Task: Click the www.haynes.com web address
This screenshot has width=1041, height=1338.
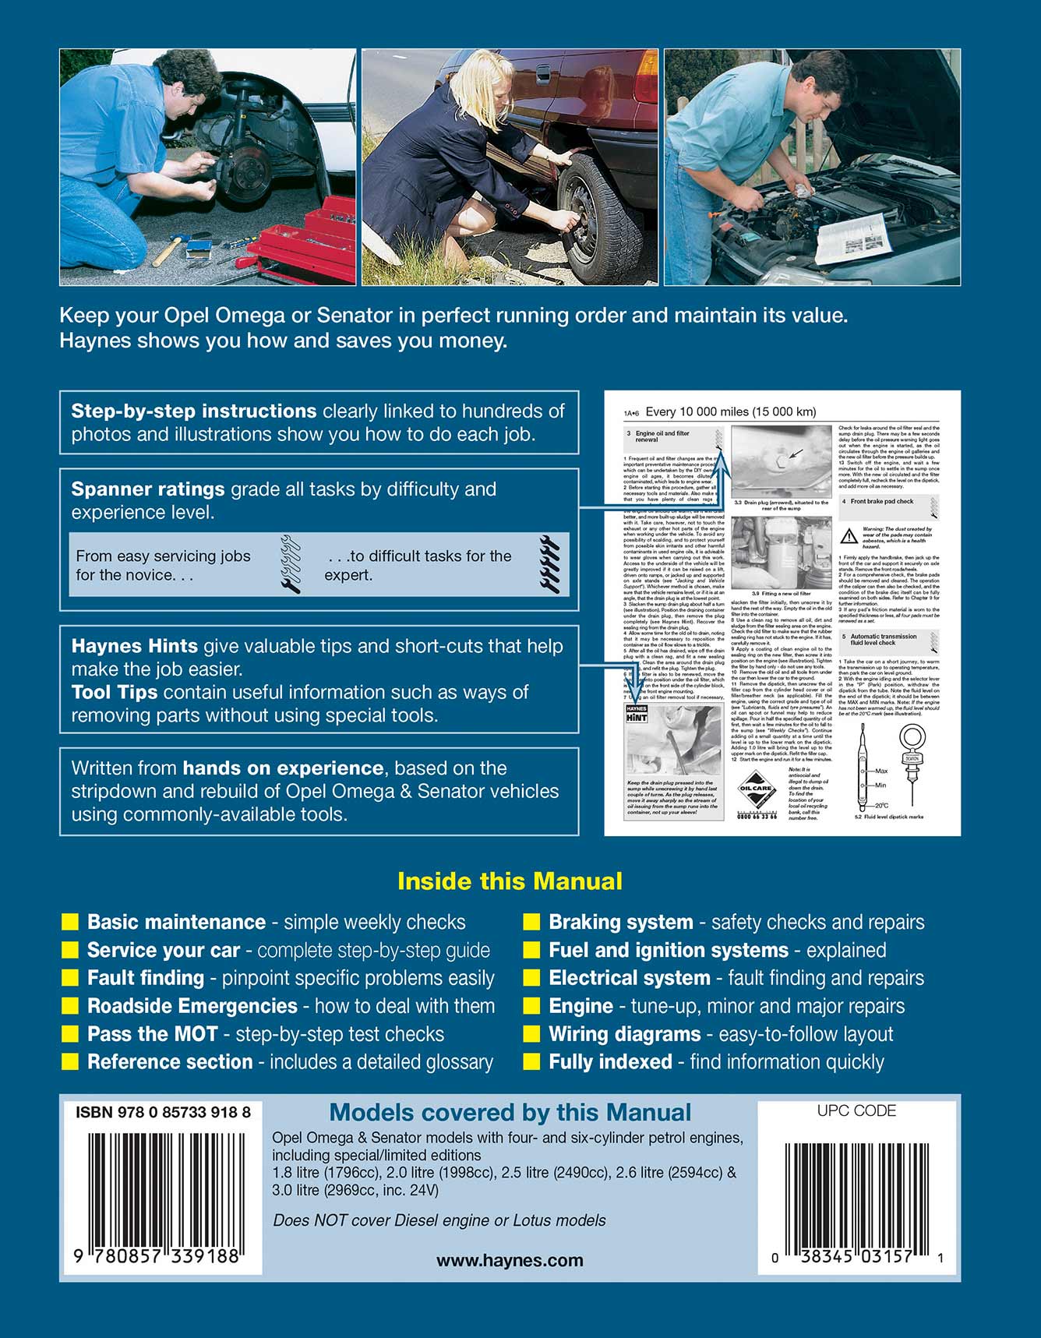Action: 510,1261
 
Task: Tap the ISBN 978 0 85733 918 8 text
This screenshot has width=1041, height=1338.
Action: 163,1113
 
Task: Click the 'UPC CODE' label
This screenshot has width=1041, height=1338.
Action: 856,1111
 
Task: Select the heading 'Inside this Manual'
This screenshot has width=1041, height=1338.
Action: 510,881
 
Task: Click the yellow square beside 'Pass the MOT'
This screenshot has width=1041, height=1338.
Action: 70,1034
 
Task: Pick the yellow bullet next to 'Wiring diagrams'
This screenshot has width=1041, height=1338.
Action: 532,1034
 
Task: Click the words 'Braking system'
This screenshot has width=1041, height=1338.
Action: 620,923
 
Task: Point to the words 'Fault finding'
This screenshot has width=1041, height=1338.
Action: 146,978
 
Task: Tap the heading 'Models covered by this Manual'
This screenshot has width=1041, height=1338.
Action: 510,1113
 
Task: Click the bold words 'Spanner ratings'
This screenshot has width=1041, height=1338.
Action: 148,489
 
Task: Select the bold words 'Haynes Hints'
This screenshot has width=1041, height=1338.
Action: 134,646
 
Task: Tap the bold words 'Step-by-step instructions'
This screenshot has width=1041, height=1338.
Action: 194,411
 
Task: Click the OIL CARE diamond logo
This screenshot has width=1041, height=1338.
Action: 755,789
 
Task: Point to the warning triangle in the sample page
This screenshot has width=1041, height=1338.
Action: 849,536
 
